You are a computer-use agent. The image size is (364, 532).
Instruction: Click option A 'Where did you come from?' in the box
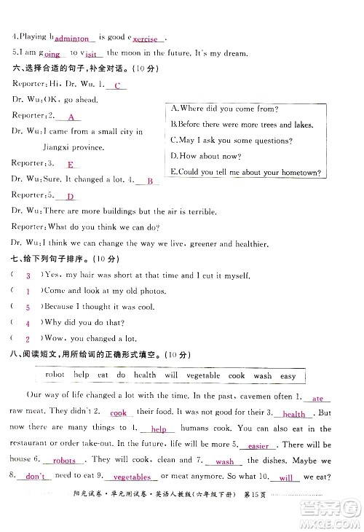click(x=223, y=109)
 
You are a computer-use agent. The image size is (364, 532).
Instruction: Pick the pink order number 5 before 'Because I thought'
click(x=28, y=306)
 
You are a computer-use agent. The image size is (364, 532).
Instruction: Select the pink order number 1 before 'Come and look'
click(x=28, y=290)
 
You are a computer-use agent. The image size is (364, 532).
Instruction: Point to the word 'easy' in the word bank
click(x=288, y=375)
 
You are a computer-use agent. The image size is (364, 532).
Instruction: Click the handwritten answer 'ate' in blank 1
click(x=317, y=399)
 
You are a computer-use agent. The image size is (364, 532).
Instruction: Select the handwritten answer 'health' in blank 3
click(x=294, y=414)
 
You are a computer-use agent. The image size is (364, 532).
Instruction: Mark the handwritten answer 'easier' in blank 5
click(x=258, y=445)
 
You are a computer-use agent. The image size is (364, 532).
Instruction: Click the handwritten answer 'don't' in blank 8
click(x=34, y=477)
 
